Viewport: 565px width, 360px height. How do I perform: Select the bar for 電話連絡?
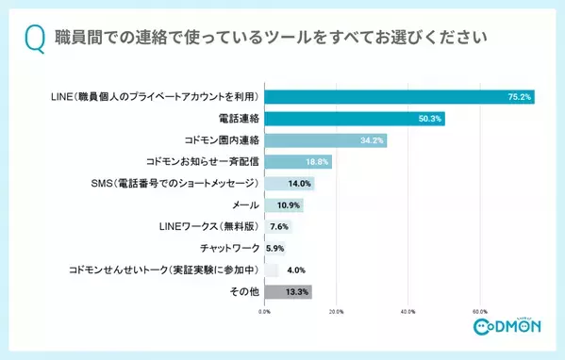click(354, 119)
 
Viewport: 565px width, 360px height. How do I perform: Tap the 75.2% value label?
click(518, 96)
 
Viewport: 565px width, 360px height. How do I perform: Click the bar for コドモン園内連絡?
click(325, 140)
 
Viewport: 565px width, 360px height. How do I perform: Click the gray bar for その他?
click(288, 292)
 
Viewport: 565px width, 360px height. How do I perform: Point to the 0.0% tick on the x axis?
click(265, 312)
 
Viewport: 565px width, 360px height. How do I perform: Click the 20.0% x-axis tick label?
click(337, 312)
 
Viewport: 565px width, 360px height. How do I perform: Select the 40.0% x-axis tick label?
click(408, 312)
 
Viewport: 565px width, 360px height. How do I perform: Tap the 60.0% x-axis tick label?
click(479, 312)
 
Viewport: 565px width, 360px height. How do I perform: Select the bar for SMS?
click(289, 184)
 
